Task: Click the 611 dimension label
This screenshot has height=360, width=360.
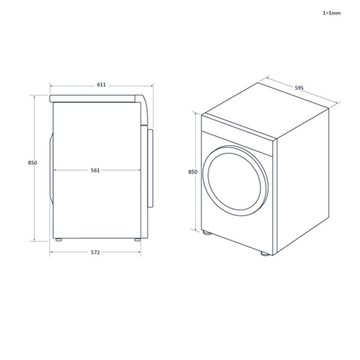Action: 102,85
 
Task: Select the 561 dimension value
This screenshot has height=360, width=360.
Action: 95,170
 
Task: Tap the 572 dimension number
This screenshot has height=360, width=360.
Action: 95,252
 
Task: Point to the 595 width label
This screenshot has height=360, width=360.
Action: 299,88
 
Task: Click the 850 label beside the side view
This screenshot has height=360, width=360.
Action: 32,163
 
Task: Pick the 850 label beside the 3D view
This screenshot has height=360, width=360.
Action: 193,172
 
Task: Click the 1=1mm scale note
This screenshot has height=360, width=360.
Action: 331,13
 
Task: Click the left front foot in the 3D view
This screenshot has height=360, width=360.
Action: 207,233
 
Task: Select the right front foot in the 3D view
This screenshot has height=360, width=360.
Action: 265,253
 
